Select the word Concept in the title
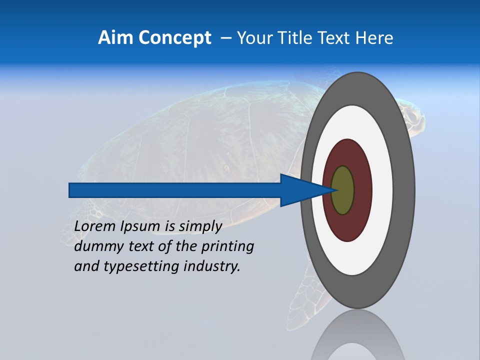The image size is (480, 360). (x=174, y=38)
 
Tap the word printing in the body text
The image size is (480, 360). (x=227, y=247)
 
